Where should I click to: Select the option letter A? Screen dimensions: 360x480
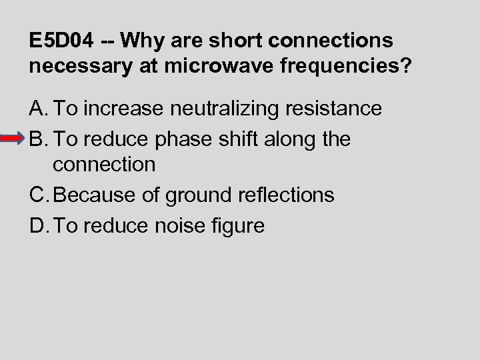point(37,109)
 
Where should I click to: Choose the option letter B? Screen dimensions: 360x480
point(37,139)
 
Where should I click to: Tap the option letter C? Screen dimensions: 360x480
point(37,195)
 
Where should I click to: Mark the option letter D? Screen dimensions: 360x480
point(37,225)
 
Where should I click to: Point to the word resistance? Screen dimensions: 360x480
point(336,109)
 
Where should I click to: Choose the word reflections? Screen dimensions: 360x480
point(291,195)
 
